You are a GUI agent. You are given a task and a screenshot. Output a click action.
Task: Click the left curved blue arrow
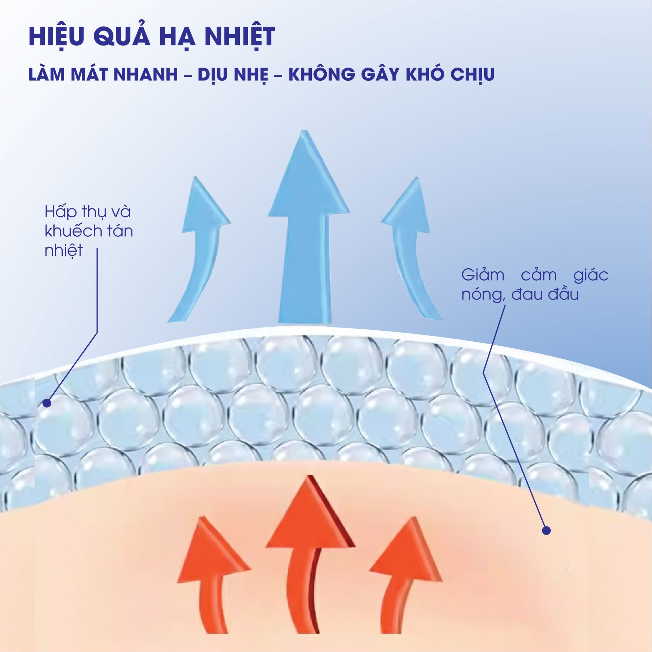coord(200,251)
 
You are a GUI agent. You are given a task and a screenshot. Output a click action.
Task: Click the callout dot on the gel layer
coord(47,403)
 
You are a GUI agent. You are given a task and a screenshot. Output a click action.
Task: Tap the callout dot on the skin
coord(546,530)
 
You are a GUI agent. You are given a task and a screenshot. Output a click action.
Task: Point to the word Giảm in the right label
coord(483,275)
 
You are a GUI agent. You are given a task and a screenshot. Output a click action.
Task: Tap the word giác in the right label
coord(591,275)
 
